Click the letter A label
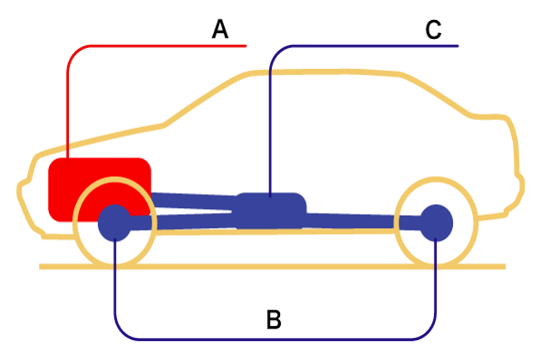(220, 29)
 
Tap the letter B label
(274, 319)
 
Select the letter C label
(433, 29)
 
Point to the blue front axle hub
(115, 223)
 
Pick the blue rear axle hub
(436, 223)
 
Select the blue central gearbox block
(271, 211)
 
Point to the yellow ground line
(272, 266)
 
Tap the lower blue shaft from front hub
(183, 221)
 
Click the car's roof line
(327, 72)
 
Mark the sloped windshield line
(207, 98)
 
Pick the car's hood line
(100, 139)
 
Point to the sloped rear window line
(436, 94)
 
